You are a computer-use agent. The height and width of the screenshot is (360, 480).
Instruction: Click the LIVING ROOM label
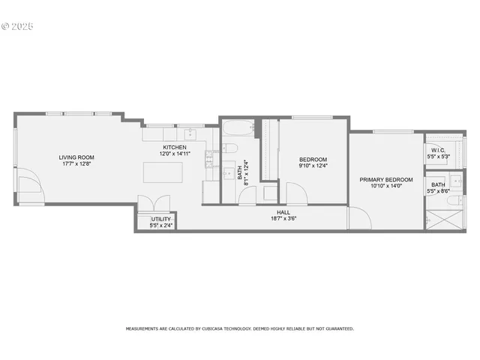pyautogui.click(x=76, y=157)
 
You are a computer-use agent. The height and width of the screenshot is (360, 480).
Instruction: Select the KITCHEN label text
pyautogui.click(x=174, y=147)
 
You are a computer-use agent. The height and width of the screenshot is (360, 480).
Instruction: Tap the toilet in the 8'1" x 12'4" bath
pyautogui.click(x=230, y=147)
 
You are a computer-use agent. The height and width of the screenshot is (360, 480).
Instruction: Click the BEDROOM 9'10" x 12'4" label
pyautogui.click(x=313, y=159)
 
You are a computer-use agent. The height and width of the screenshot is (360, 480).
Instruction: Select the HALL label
pyautogui.click(x=283, y=212)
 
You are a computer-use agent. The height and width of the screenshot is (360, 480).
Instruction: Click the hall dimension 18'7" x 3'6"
pyautogui.click(x=283, y=218)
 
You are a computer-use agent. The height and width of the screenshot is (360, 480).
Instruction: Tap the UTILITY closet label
pyautogui.click(x=160, y=219)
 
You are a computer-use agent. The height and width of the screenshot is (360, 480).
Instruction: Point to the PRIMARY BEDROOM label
pyautogui.click(x=385, y=179)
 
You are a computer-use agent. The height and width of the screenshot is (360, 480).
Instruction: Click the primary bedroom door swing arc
pyautogui.click(x=358, y=218)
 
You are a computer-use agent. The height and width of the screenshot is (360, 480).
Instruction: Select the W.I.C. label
pyautogui.click(x=438, y=150)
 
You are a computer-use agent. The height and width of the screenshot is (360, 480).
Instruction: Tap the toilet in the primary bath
pyautogui.click(x=453, y=200)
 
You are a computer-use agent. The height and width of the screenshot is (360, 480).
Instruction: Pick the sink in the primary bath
pyautogui.click(x=456, y=181)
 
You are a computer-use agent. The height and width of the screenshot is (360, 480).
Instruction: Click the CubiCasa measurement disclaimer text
pyautogui.click(x=239, y=328)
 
